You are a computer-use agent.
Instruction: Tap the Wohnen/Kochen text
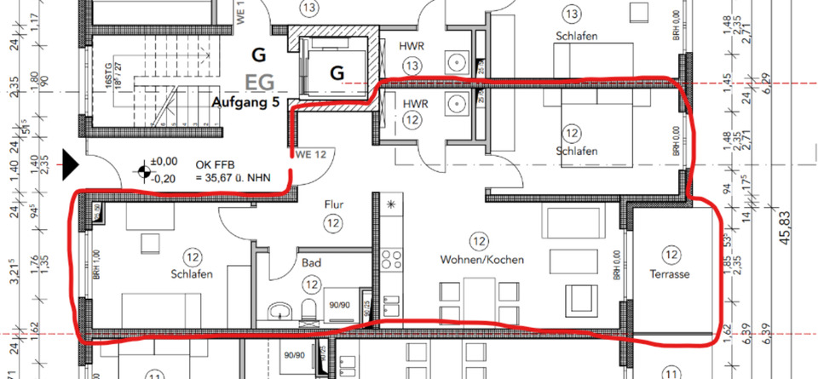click(x=481, y=259)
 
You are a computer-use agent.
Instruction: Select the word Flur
click(x=332, y=204)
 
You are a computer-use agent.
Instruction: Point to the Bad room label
click(x=310, y=265)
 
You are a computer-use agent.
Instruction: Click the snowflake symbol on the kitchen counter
click(x=391, y=204)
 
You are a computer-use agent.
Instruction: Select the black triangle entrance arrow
click(x=71, y=161)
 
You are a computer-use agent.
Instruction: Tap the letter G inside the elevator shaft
click(x=337, y=73)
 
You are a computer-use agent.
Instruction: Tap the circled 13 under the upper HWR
click(x=413, y=66)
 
